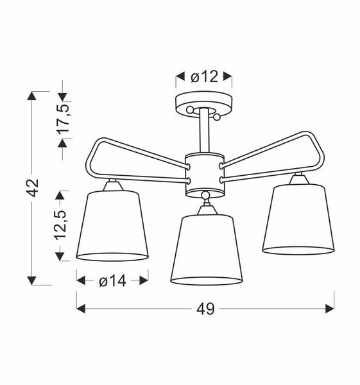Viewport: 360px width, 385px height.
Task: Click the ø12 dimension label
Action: click(x=205, y=77)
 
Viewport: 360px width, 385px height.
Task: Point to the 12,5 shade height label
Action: click(x=62, y=224)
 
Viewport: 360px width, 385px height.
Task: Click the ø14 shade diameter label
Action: click(x=112, y=280)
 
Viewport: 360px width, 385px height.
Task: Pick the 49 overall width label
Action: click(x=205, y=309)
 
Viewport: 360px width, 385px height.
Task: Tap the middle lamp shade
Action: click(x=205, y=250)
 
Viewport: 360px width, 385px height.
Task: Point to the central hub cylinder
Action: click(x=205, y=174)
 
